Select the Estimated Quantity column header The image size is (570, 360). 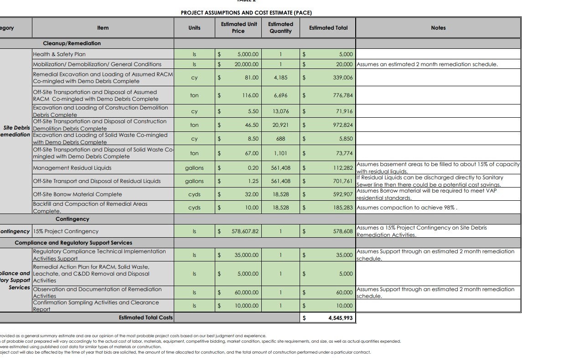280,27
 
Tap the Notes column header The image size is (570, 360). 438,28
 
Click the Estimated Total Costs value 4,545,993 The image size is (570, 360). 340,318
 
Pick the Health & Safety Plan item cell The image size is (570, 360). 59,54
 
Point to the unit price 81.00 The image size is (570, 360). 251,78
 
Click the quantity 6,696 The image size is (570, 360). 280,95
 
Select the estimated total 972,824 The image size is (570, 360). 342,125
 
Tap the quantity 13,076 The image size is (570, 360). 280,111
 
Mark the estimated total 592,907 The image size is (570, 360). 342,194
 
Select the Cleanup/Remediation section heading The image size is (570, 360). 72,43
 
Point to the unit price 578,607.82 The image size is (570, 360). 245,231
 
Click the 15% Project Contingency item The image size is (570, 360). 66,231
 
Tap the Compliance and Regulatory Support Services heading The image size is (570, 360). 73,243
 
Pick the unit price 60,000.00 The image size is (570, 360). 247,292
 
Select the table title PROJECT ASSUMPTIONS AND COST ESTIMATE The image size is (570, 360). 246,13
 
